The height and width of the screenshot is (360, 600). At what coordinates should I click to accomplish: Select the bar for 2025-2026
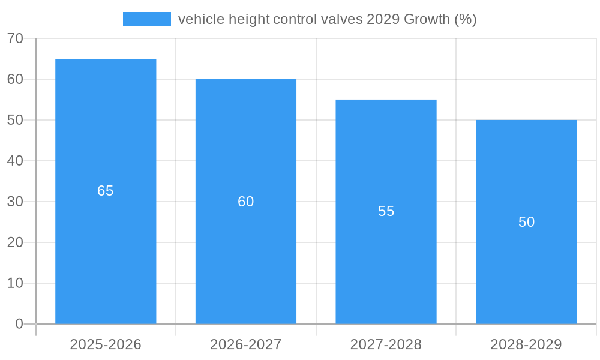106,252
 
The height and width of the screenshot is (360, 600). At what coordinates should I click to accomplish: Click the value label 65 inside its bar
106,191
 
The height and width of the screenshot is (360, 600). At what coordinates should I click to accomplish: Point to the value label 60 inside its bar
246,202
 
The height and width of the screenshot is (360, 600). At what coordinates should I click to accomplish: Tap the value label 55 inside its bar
386,211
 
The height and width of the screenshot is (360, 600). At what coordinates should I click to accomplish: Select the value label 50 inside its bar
526,222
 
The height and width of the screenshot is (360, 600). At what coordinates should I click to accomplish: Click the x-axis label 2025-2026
106,344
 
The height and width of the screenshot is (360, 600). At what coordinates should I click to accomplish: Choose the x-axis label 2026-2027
246,344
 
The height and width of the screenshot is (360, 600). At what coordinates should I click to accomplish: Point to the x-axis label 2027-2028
386,344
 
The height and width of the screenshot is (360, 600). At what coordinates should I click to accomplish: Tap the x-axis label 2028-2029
526,344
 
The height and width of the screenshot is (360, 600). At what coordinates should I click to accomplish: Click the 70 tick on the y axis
15,38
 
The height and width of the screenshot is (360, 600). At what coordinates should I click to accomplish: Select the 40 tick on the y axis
15,161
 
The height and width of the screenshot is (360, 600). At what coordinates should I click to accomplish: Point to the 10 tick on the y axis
15,283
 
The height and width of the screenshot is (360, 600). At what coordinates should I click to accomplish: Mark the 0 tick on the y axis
19,324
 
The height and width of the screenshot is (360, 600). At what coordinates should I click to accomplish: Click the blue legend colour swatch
147,19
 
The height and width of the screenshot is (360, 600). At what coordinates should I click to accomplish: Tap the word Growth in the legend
427,19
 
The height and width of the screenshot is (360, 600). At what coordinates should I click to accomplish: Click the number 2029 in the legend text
383,19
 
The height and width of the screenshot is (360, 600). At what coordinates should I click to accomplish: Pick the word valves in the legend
343,19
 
